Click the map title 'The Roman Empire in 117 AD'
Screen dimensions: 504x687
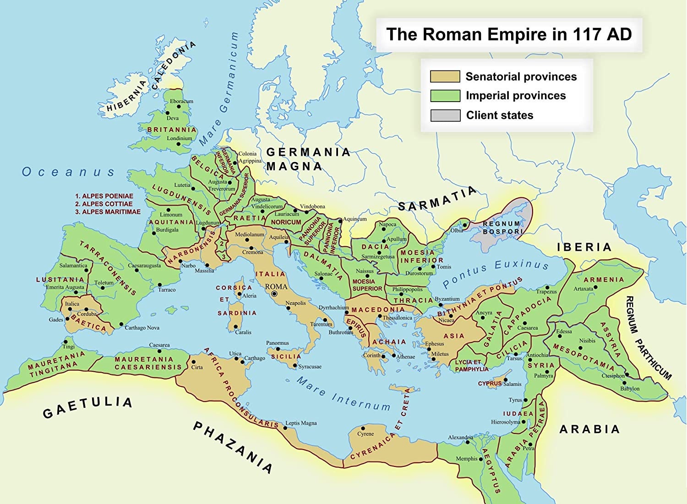point(509,35)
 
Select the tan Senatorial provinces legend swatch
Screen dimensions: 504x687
point(445,76)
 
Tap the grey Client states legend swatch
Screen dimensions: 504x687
point(445,115)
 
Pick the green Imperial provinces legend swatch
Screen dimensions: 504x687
point(445,96)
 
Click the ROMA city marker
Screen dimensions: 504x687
point(274,294)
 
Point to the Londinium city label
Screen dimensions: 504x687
point(179,138)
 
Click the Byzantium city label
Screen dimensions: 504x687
point(447,299)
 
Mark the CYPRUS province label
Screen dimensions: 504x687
point(490,384)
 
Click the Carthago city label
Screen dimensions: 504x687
point(254,358)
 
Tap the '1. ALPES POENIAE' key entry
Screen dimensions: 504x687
point(104,196)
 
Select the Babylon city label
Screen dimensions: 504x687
point(630,389)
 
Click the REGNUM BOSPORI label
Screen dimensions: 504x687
point(502,228)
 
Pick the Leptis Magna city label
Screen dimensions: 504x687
point(301,423)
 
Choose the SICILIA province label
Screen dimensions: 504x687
point(286,356)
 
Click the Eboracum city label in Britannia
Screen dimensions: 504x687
point(181,101)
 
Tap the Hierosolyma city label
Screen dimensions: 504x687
point(506,422)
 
